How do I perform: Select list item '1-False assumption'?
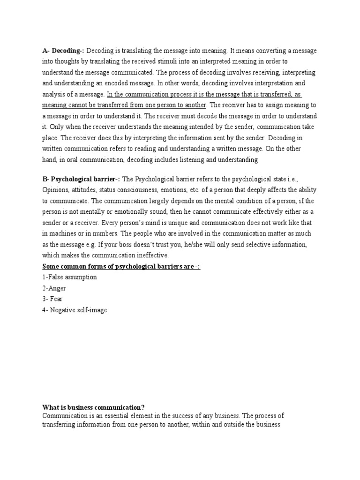pyautogui.click(x=69, y=277)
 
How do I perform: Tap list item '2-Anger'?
pyautogui.click(x=54, y=288)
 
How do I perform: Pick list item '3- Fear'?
pyautogui.click(x=52, y=299)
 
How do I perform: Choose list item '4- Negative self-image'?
pyautogui.click(x=75, y=310)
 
